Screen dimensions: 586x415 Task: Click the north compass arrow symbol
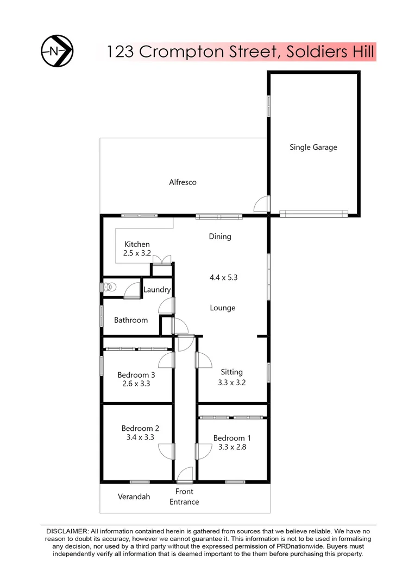pyautogui.click(x=57, y=51)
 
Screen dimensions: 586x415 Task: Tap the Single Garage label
pyautogui.click(x=313, y=147)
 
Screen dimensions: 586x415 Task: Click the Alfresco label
pyautogui.click(x=183, y=182)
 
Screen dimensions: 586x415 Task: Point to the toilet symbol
pyautogui.click(x=110, y=286)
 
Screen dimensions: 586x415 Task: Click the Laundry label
pyautogui.click(x=157, y=290)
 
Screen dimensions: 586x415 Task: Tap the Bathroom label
pyautogui.click(x=130, y=320)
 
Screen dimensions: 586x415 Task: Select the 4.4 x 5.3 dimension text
pyautogui.click(x=224, y=277)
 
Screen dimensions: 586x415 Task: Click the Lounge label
pyautogui.click(x=223, y=308)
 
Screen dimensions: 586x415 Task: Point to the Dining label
pyautogui.click(x=220, y=237)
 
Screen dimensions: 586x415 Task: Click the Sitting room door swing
pyautogui.click(x=203, y=360)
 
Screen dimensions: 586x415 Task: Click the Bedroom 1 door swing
pyautogui.click(x=203, y=451)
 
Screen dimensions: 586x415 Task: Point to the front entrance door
pyautogui.click(x=185, y=475)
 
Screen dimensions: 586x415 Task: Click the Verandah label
pyautogui.click(x=134, y=496)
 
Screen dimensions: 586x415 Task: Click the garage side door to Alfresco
pyautogui.click(x=262, y=204)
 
